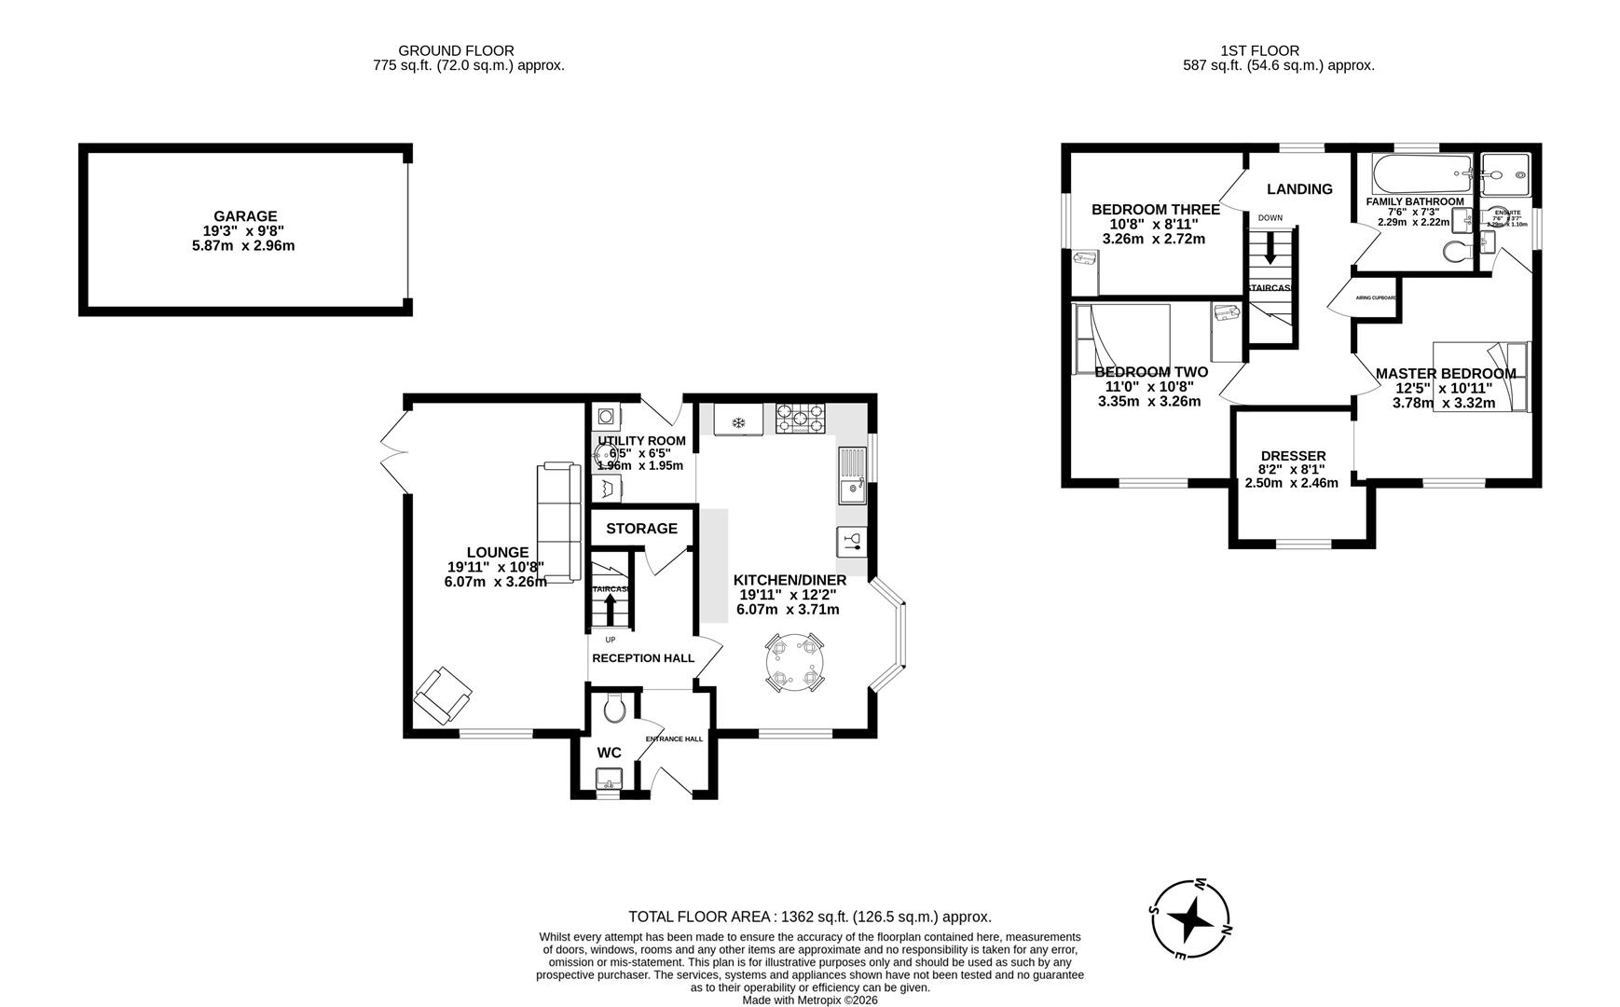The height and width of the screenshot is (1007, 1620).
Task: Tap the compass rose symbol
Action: coord(1191,919)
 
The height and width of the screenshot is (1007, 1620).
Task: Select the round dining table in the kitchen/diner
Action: coord(793,662)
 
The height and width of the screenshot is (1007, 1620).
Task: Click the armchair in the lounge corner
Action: coord(443,696)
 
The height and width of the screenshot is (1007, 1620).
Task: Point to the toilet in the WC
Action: coord(613,710)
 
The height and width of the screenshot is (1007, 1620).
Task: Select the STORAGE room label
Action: coord(641,529)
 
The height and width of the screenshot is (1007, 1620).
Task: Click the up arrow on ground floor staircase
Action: coord(611,609)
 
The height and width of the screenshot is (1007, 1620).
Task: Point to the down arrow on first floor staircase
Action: coord(1270,248)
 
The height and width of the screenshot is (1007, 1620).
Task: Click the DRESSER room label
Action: coord(1292,456)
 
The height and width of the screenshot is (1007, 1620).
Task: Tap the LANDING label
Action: coord(1299,189)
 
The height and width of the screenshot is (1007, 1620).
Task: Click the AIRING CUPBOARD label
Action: coord(1376,297)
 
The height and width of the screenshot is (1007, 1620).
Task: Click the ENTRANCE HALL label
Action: coord(674,738)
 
